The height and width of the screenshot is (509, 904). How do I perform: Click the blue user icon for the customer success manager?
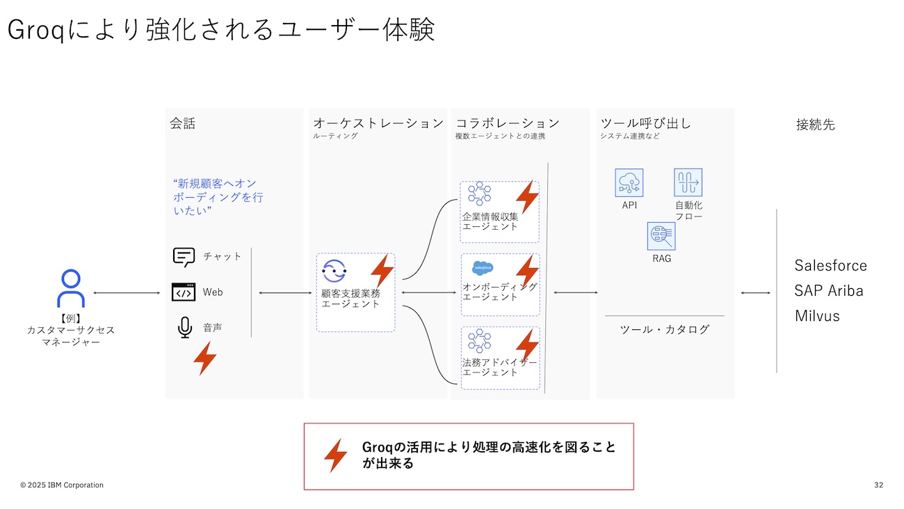pyautogui.click(x=70, y=289)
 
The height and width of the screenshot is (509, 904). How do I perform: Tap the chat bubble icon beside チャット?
pyautogui.click(x=184, y=257)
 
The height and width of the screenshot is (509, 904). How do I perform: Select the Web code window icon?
pyautogui.click(x=184, y=292)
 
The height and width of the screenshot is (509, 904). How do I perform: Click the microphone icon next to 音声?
pyautogui.click(x=184, y=327)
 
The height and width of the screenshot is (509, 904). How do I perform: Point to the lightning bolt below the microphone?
pyautogui.click(x=204, y=359)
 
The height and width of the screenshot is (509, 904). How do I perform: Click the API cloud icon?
pyautogui.click(x=629, y=183)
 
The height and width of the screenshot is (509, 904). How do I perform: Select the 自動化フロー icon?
pyautogui.click(x=688, y=182)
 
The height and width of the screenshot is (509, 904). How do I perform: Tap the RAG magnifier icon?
pyautogui.click(x=661, y=237)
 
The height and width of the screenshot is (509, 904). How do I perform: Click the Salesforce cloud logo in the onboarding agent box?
pyautogui.click(x=483, y=267)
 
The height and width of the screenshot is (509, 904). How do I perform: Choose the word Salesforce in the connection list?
pyautogui.click(x=830, y=266)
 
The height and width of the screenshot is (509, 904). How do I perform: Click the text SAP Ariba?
pyautogui.click(x=829, y=291)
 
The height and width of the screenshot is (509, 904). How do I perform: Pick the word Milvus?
pyautogui.click(x=817, y=316)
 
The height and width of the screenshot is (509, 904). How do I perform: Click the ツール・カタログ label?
pyautogui.click(x=664, y=329)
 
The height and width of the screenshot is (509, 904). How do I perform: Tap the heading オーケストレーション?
pyautogui.click(x=378, y=123)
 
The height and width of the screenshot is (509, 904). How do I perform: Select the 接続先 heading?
pyautogui.click(x=815, y=125)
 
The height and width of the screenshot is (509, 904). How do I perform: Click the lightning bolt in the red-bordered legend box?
pyautogui.click(x=335, y=455)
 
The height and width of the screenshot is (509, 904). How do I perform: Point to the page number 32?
pyautogui.click(x=878, y=485)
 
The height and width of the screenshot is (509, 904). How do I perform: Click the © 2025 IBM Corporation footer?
pyautogui.click(x=61, y=485)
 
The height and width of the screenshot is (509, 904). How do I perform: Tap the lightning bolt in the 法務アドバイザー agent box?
pyautogui.click(x=527, y=345)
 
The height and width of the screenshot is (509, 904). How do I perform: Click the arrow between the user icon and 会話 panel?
pyautogui.click(x=127, y=293)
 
